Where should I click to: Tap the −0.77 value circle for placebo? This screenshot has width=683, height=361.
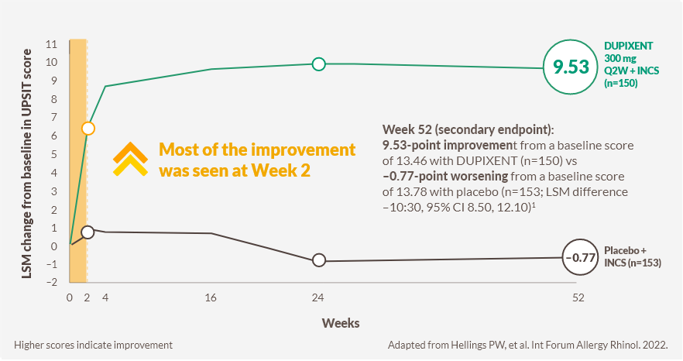pos(580,257)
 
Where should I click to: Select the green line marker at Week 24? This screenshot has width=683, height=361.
pos(317,64)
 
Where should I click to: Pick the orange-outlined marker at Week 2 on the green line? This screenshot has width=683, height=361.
pos(88,128)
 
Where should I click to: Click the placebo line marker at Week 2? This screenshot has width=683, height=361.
pos(88,232)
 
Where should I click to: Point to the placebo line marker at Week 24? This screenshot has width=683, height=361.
pos(317,260)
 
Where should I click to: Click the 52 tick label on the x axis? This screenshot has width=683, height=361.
pos(577,298)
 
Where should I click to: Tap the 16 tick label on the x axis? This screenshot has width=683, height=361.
pos(210,298)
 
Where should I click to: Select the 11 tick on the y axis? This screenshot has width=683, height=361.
pos(52,44)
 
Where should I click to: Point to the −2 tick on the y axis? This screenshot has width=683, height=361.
pos(50,283)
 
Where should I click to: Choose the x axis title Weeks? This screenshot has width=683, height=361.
pos(341,321)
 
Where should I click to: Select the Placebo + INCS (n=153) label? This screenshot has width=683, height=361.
pos(633,257)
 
